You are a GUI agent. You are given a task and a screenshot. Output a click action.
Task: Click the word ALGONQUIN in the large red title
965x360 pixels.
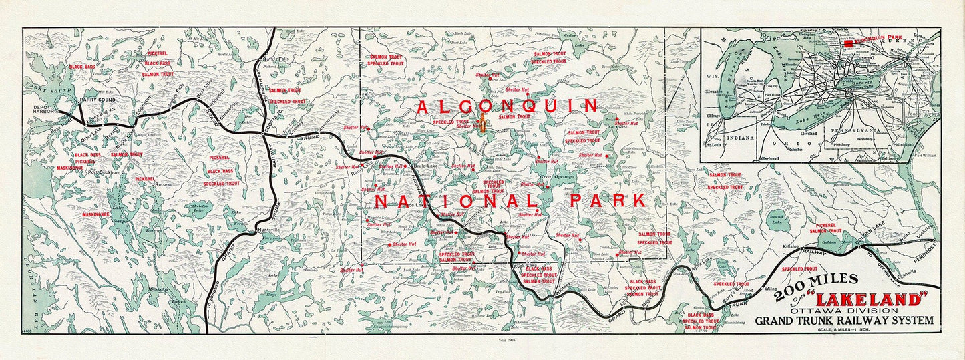point(507,106)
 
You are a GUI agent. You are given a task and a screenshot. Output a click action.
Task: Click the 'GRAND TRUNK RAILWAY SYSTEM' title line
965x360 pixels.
point(844,321)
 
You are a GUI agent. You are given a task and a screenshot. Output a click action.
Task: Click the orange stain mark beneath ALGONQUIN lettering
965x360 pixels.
point(480,124)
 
